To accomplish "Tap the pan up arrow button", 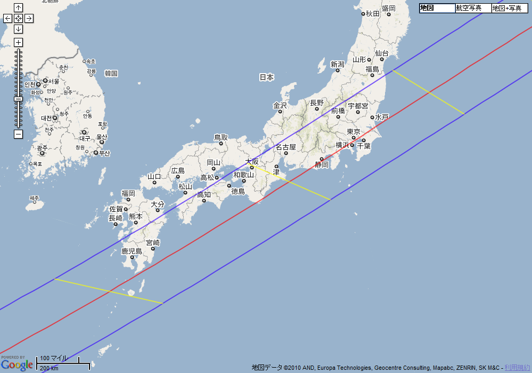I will point(18,7).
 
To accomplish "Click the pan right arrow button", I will point(29,18).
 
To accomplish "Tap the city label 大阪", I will point(251,161).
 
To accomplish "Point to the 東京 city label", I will point(354,131).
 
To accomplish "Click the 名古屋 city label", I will point(285,147).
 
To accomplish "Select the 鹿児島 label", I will point(132,251).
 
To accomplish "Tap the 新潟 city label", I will point(338,65).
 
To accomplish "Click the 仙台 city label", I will point(382,53).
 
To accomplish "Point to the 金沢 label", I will point(280,105).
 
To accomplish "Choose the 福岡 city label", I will point(128,193).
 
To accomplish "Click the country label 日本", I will point(266,77).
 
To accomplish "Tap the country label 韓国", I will point(111,73).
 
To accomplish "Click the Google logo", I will point(17,365).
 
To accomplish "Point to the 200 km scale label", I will point(49,368).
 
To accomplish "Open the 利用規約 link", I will point(517,368).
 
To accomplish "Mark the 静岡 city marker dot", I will point(322,158).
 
